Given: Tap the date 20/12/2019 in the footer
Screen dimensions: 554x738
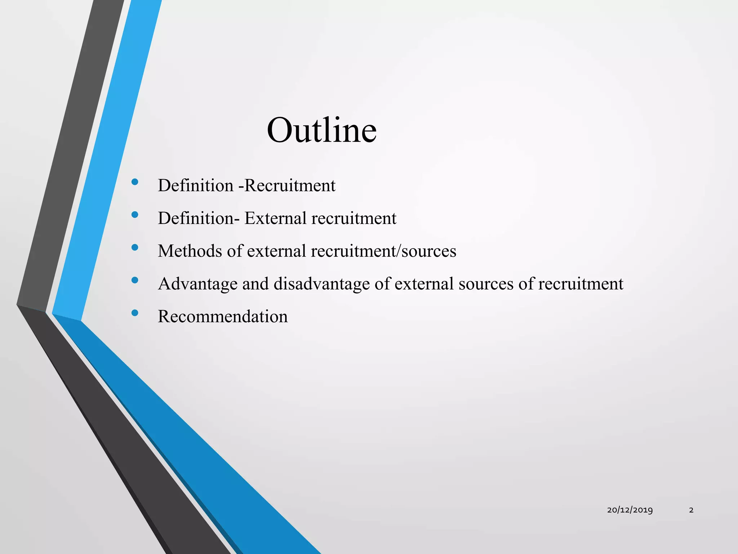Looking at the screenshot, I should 630,510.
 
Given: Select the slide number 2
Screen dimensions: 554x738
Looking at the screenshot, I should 691,510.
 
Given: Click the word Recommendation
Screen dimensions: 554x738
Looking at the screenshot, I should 223,316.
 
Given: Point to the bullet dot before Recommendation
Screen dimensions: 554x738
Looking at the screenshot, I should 135,313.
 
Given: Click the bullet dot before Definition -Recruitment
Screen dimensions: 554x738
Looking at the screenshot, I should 135,182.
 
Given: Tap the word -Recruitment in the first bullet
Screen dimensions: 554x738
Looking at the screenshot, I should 287,186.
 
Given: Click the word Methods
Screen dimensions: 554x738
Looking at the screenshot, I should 190,251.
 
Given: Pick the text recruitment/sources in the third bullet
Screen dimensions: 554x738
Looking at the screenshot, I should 383,251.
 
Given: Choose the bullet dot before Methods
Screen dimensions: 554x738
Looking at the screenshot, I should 135,247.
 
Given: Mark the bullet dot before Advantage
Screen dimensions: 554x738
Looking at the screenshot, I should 135,280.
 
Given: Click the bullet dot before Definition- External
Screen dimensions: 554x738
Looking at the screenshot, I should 135,215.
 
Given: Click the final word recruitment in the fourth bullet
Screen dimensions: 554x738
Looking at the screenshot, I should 581,284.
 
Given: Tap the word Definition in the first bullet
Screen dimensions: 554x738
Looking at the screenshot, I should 196,186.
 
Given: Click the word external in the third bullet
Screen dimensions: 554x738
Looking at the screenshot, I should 276,251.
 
